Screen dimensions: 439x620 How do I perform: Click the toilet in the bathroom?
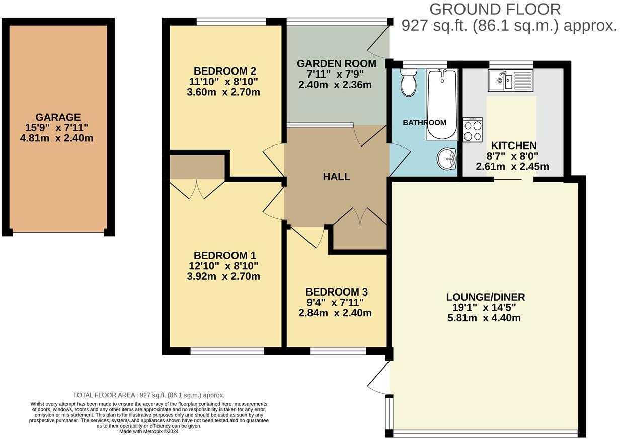[409, 83]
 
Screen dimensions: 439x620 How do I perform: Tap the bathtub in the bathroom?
[442, 105]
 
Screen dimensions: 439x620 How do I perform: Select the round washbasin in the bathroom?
[446, 159]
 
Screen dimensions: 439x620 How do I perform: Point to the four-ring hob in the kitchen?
[473, 129]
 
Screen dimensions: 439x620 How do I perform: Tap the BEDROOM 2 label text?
[221, 70]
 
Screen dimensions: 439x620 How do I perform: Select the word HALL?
[336, 177]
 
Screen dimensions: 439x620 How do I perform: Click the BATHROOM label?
[424, 122]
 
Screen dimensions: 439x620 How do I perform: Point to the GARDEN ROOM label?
[336, 64]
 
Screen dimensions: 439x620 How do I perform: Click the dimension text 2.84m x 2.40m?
[335, 313]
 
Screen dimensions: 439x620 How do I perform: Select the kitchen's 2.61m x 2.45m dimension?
[512, 167]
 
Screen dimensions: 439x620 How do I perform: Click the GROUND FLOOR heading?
[495, 9]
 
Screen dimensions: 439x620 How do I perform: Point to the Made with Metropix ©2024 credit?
[148, 431]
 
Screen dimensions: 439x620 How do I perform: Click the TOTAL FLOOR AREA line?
[149, 395]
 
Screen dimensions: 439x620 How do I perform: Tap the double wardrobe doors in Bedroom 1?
[197, 189]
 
